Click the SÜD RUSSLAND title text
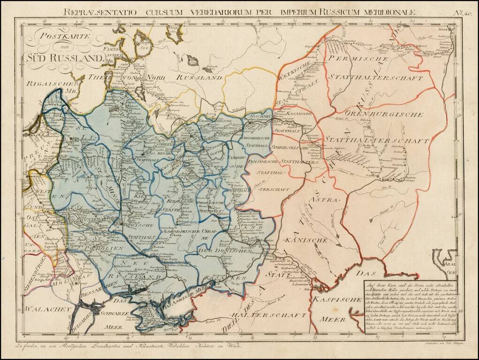pos(64,58)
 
